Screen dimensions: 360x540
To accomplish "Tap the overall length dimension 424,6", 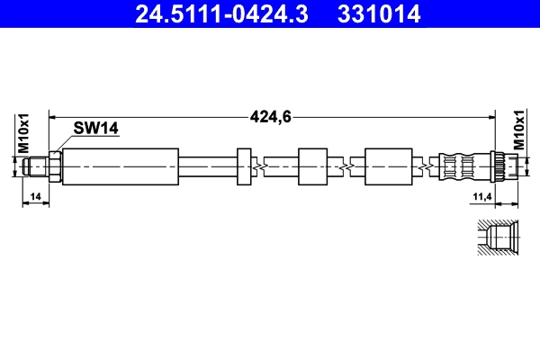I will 272,115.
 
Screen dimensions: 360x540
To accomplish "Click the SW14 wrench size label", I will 97,129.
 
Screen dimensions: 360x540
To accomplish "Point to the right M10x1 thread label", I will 518,132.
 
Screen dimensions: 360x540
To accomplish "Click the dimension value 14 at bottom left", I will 35,195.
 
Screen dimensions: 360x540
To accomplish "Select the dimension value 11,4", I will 484,195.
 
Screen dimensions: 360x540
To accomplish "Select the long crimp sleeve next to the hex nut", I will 121,166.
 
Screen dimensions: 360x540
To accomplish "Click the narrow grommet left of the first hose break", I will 243,166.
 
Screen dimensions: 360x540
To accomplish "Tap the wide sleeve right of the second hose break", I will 389,166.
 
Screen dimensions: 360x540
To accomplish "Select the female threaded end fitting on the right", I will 506,166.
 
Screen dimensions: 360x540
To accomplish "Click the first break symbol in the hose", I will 259,166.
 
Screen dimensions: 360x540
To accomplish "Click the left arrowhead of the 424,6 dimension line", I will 53,115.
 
